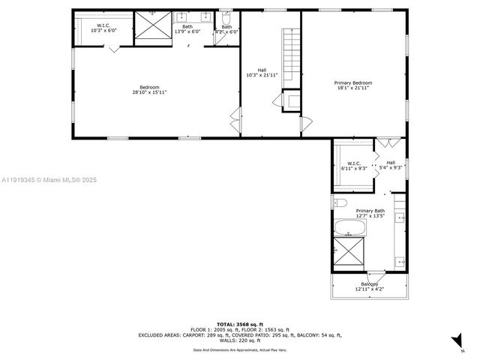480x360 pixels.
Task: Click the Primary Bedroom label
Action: click(x=352, y=85)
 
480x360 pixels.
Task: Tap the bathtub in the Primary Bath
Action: click(x=349, y=227)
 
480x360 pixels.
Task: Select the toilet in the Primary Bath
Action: click(x=338, y=203)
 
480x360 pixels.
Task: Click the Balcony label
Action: click(x=369, y=286)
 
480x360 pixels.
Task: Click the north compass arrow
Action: click(x=457, y=341)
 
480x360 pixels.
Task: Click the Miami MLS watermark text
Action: click(x=49, y=180)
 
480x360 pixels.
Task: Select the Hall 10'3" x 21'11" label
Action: click(x=262, y=73)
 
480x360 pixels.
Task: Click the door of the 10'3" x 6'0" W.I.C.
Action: click(x=112, y=49)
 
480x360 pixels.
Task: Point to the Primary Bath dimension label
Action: click(x=370, y=214)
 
